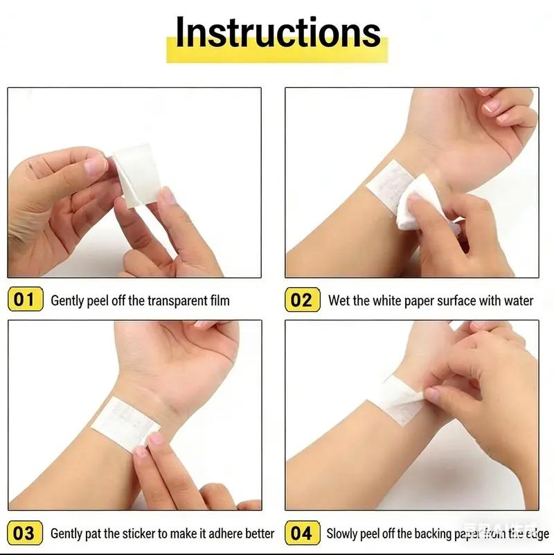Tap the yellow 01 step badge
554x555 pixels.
pos(24,300)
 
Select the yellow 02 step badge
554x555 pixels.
pos(302,300)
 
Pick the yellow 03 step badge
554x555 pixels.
pos(24,533)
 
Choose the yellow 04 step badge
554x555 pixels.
pos(302,533)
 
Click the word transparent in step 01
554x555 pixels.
pos(176,300)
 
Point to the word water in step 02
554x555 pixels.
pos(517,300)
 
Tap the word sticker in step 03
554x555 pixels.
pos(140,534)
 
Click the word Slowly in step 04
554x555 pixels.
pos(342,534)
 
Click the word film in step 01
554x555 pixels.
pos(219,300)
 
